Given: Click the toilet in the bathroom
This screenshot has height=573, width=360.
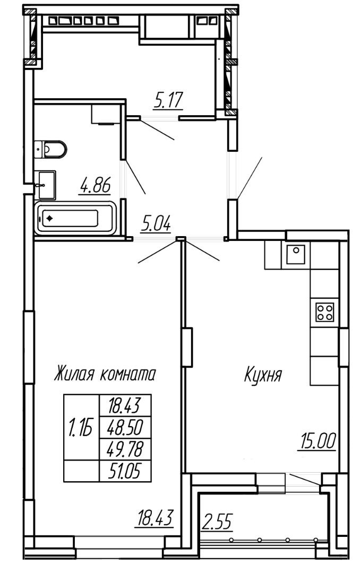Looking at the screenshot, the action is [50, 149].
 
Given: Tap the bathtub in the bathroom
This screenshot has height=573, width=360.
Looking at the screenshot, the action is [75, 218].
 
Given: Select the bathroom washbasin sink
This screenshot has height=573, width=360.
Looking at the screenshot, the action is [45, 185].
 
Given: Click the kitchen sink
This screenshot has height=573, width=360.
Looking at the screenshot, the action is [296, 254].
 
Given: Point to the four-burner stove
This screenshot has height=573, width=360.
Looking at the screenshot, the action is [325, 312].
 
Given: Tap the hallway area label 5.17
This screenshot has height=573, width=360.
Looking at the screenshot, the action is [168, 100].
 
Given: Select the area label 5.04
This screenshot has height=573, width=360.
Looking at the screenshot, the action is [156, 224].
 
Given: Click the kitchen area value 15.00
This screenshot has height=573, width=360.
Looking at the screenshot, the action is [317, 441].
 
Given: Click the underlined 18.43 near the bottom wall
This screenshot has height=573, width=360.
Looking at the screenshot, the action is [153, 518].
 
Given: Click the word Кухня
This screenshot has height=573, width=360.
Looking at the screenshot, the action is [263, 375].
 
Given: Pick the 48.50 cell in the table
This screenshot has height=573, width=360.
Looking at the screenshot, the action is [125, 427].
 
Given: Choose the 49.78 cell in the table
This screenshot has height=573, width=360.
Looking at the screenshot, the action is [125, 449].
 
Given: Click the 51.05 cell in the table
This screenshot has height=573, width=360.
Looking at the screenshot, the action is [125, 471].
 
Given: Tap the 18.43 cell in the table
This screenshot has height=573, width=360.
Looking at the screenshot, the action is [125, 405].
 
